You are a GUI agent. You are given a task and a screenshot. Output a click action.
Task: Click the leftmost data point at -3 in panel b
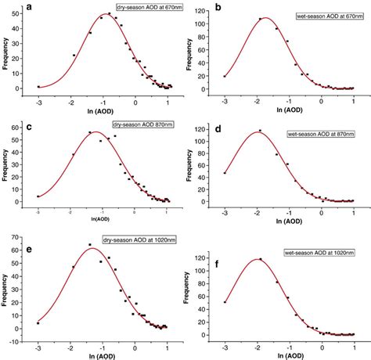(x=225, y=76)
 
